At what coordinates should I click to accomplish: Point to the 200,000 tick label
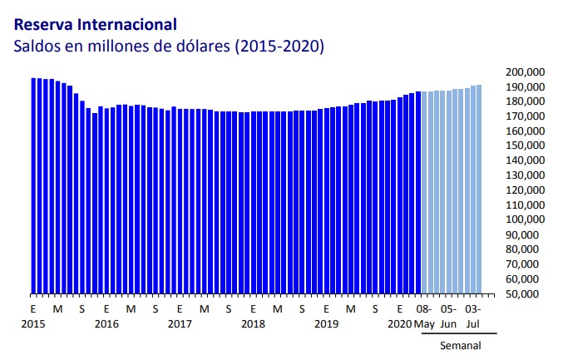[525, 72]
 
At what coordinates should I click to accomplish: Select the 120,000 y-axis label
[525, 190]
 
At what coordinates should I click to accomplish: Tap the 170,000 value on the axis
[525, 116]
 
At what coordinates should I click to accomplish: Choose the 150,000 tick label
[525, 146]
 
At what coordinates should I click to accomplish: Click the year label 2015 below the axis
[33, 323]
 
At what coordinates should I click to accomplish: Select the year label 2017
[180, 323]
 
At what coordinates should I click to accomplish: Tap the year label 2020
[399, 323]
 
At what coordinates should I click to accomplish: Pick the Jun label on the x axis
[448, 323]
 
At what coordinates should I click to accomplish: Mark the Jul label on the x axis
[473, 323]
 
